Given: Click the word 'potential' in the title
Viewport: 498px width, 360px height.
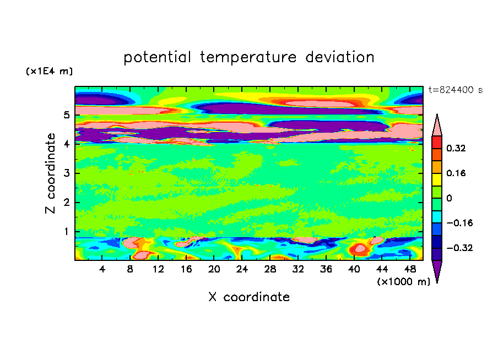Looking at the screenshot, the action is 157,57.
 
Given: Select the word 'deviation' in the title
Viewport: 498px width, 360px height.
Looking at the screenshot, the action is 340,57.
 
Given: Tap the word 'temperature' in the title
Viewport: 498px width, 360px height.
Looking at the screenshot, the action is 248,58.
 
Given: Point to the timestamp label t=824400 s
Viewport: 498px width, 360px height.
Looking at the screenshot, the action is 456,90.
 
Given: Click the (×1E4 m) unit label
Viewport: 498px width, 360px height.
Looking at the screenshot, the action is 49,71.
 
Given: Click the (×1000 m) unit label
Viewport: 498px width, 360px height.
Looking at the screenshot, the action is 403,282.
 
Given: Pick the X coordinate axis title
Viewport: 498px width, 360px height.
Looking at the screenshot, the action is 249,297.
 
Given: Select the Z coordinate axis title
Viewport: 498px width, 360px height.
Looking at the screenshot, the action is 50,173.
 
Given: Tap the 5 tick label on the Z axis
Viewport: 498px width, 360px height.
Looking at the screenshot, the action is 66,115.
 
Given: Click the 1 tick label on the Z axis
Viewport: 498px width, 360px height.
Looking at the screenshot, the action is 66,231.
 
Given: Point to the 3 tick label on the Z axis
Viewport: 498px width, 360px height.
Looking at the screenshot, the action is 66,173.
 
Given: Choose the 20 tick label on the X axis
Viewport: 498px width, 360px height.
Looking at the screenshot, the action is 214,269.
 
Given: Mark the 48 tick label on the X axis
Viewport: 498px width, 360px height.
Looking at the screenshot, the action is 410,269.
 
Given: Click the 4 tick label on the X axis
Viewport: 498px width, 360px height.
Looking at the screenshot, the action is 102,269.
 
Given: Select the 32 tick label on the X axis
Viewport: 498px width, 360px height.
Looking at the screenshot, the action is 298,269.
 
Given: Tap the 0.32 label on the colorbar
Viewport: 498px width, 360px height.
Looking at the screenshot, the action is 456,148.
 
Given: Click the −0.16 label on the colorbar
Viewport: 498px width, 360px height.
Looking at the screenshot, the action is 459,223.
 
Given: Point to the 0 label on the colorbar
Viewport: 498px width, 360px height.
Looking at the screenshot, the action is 449,198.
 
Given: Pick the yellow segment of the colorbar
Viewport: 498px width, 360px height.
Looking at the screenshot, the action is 437,179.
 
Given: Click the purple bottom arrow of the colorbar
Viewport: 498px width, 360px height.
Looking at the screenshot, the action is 437,270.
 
